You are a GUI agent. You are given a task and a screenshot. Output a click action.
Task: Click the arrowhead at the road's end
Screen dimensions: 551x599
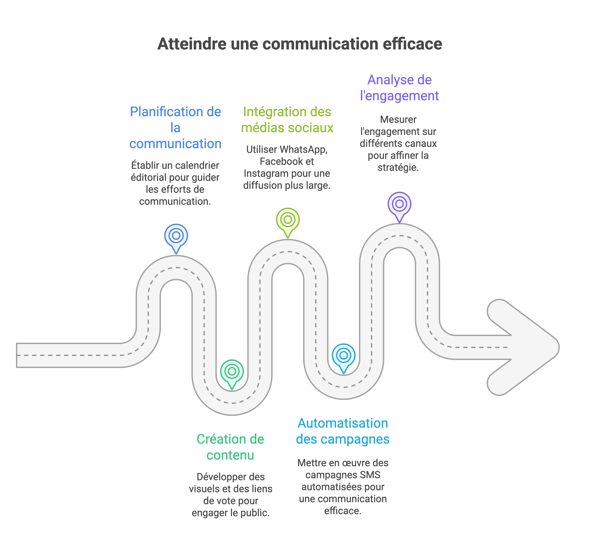tap(524, 347)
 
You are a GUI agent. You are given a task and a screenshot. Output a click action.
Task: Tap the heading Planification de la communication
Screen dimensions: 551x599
tap(176, 128)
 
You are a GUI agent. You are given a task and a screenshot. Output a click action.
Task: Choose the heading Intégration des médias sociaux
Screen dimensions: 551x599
tap(287, 120)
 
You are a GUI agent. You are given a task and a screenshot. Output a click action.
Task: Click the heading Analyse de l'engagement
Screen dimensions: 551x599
tap(399, 88)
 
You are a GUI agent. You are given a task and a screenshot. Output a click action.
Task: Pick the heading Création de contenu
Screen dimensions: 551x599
tap(230, 447)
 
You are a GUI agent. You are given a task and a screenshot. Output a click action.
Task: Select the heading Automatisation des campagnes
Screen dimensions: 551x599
tap(343, 431)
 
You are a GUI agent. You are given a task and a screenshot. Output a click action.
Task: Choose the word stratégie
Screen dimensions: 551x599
tap(398, 167)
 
